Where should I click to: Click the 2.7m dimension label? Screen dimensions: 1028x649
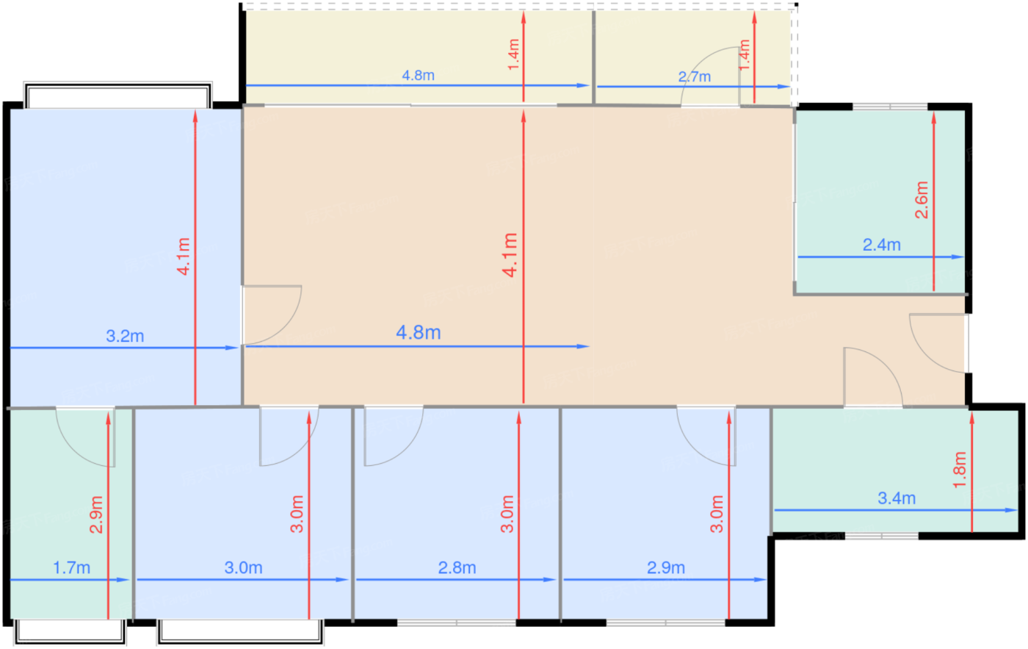point(695,76)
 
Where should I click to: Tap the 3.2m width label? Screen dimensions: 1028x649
point(125,336)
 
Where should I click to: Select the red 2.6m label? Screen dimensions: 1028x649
point(922,200)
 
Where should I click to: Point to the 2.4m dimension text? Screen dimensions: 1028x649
point(882,245)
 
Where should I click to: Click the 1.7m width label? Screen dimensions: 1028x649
point(72,568)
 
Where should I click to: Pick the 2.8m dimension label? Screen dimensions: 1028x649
point(457,568)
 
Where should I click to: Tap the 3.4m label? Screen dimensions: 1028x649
point(897,498)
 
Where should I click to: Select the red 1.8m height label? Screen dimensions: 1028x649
point(960,470)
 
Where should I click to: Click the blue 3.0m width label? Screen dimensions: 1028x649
point(243,568)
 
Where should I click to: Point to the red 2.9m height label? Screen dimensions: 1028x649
point(96,514)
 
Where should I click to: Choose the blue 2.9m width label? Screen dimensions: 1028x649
point(666,568)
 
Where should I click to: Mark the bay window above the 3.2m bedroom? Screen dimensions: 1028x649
point(118,95)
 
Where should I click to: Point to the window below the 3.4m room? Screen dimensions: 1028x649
point(882,536)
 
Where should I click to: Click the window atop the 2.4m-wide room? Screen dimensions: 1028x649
point(890,107)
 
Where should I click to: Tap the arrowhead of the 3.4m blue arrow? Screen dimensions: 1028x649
point(1011,510)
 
